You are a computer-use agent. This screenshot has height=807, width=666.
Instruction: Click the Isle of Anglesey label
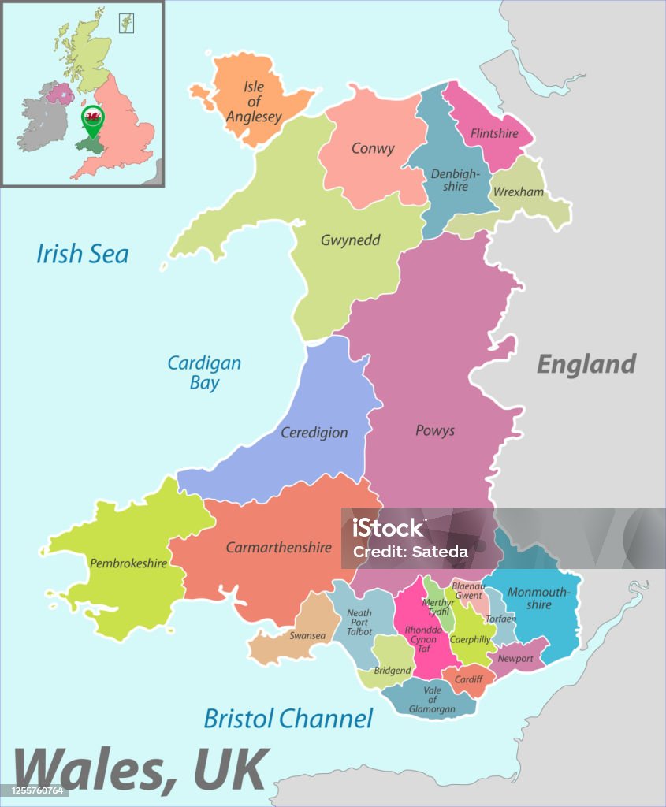pos(254,102)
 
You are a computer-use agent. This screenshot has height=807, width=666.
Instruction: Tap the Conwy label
pos(373,148)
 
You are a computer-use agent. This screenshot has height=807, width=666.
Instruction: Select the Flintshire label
pos(494,133)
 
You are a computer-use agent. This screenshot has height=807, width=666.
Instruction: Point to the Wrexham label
pos(518,192)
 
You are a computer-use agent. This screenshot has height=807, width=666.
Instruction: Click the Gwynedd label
pos(350,240)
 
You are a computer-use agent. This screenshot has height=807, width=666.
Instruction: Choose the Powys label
pos(435,430)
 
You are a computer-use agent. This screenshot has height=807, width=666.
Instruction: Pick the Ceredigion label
pos(314,433)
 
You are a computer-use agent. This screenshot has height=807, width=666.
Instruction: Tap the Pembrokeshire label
pos(128,563)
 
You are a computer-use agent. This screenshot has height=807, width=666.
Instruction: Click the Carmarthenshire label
pos(278,547)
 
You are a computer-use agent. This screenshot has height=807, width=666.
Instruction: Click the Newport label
pos(515,658)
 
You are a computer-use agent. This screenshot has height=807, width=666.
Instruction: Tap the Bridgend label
pos(393,670)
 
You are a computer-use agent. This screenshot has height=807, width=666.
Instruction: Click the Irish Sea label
pos(82,254)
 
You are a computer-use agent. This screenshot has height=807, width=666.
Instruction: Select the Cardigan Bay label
pos(204,373)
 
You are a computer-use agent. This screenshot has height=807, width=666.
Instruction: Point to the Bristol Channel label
pos(288,719)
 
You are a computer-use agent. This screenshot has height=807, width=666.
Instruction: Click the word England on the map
pos(586,364)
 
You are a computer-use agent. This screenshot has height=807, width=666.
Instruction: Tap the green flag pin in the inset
pos(93,119)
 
